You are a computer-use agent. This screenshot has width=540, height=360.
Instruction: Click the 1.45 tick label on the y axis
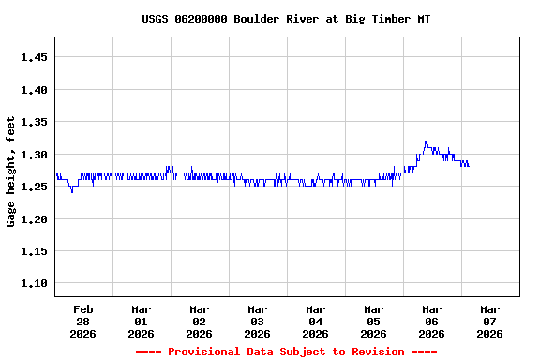click(34, 57)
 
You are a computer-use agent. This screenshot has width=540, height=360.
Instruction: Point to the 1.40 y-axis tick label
click(34, 90)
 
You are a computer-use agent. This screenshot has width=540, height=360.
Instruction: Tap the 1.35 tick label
click(34, 122)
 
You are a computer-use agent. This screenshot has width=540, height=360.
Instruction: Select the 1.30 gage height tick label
click(34, 155)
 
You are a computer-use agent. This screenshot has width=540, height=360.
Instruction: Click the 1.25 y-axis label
click(34, 187)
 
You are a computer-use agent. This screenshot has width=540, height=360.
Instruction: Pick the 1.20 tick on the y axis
click(34, 219)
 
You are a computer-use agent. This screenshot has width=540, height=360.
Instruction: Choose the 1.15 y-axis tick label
click(34, 251)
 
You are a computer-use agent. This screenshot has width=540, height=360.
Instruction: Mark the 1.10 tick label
click(34, 284)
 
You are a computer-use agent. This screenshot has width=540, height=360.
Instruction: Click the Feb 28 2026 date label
click(83, 321)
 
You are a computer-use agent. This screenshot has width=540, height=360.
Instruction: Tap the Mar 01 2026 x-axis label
click(142, 321)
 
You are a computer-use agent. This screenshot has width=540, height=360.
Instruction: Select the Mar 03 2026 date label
click(258, 321)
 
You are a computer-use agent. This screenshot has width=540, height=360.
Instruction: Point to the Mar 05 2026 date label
click(374, 321)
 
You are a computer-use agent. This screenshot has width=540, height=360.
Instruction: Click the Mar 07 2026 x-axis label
click(490, 321)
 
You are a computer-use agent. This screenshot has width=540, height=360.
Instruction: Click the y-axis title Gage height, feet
click(11, 172)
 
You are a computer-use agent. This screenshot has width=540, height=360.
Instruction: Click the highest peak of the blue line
click(426, 142)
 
